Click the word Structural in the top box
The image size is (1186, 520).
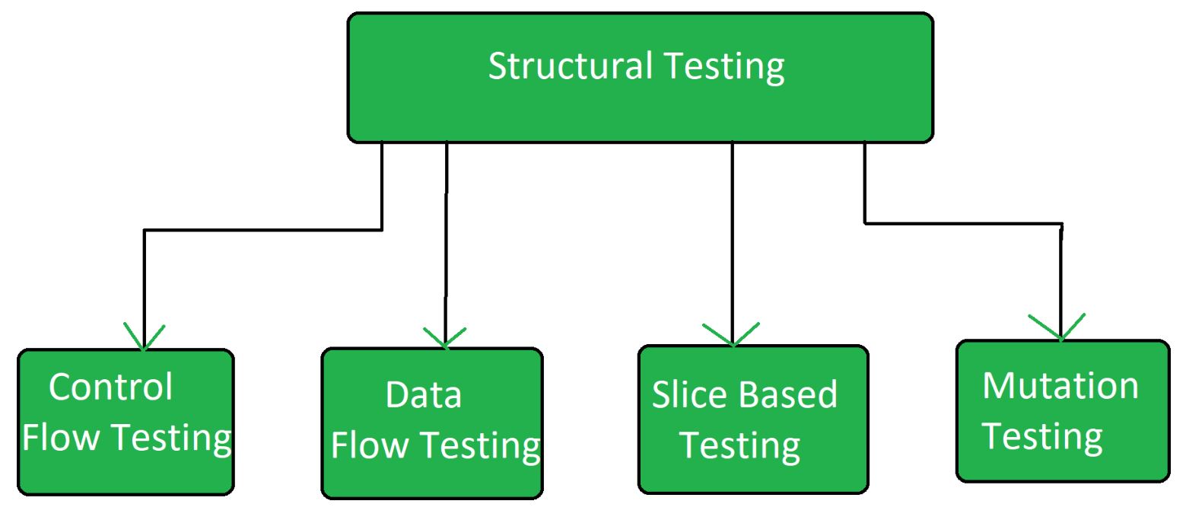569,66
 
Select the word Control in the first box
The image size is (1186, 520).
111,387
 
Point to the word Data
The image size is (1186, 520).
423,394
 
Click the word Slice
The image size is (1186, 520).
685,394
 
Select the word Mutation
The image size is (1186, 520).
1060,386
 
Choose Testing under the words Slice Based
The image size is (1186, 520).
739,445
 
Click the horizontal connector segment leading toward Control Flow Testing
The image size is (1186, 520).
262,230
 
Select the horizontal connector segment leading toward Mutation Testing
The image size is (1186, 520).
962,223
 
